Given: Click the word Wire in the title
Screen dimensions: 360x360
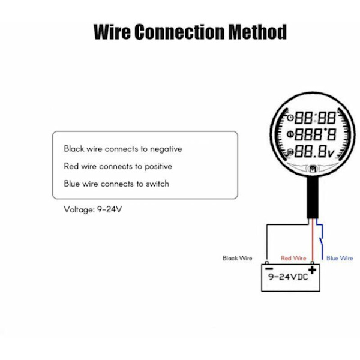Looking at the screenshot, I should point(112,31).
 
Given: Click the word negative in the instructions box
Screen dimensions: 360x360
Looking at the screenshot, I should point(166,149).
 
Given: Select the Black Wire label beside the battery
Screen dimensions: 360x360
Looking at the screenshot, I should point(238,259).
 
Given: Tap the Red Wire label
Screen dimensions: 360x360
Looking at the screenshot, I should point(293,259).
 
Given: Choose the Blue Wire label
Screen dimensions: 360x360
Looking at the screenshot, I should point(340,259).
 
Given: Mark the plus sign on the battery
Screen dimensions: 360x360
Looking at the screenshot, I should point(312,270).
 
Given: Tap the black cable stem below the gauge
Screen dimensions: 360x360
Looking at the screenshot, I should point(313,198).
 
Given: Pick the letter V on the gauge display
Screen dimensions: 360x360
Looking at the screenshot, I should point(331,153).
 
